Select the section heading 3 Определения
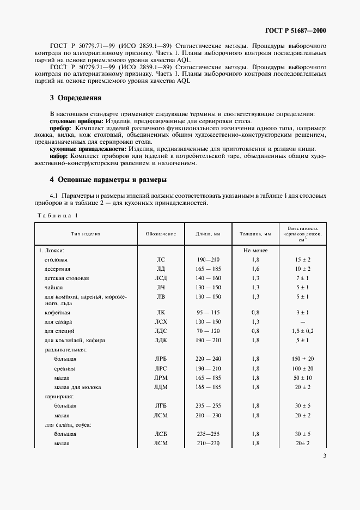(x=76, y=98)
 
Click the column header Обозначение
(x=161, y=233)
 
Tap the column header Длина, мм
(x=209, y=233)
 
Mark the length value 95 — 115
(x=209, y=313)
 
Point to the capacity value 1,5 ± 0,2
(x=303, y=331)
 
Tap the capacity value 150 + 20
(x=303, y=360)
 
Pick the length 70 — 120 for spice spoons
(x=209, y=331)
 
